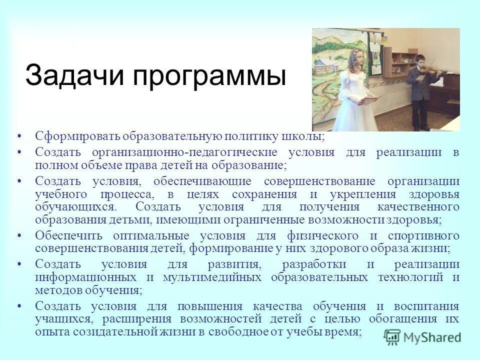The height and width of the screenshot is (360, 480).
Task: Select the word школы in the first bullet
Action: click(305, 136)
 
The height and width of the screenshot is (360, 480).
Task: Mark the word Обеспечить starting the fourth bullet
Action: click(69, 235)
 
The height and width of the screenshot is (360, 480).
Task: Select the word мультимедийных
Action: click(210, 277)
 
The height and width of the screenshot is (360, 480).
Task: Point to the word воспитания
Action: click(427, 306)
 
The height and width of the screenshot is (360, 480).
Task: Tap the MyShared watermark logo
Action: click(423, 336)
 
